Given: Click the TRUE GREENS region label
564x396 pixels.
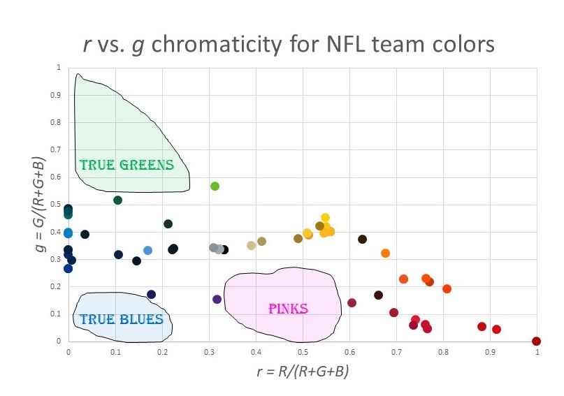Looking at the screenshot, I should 126,166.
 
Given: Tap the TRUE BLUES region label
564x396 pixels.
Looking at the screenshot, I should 121,320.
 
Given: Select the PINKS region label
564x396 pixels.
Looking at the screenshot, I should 288,308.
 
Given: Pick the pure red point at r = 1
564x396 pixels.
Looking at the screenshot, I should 536,342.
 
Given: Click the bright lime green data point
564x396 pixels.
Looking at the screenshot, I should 215,186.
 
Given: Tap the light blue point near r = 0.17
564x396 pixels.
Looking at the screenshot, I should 147,250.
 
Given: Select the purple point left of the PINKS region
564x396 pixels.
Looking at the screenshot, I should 217,300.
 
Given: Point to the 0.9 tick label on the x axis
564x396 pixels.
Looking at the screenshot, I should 490,353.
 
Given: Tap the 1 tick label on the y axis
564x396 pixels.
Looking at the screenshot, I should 59,68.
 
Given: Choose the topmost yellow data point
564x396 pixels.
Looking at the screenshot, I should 325,218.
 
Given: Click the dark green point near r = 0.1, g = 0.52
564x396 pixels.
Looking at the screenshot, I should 117,200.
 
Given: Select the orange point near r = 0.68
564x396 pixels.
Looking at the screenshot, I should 385,254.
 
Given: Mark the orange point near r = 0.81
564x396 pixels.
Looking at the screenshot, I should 447,289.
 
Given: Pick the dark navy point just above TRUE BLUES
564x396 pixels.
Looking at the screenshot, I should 151,295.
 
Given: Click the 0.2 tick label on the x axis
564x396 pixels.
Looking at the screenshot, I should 162,353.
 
